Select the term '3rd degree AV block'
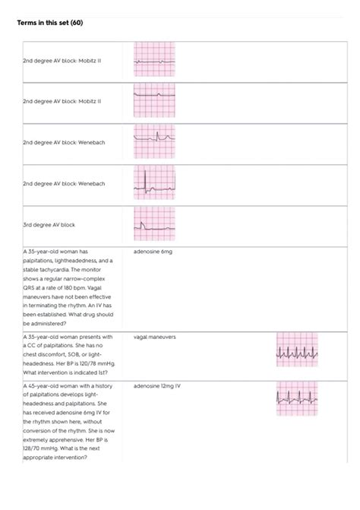tap(49, 225)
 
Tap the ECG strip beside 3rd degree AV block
tap(154, 223)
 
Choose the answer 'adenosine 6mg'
tap(152, 251)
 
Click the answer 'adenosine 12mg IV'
tap(156, 386)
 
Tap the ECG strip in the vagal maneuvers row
tap(298, 350)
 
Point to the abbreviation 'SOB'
tap(79, 354)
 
